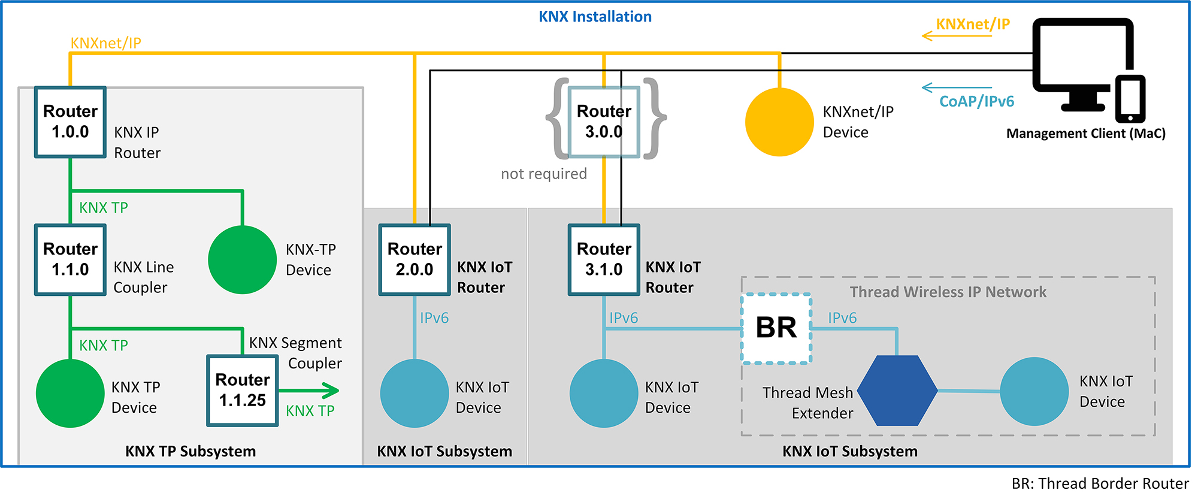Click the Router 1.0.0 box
click(x=70, y=122)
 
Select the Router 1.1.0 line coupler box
click(x=70, y=259)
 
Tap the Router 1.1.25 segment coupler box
click(x=242, y=391)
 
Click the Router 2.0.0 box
click(x=415, y=259)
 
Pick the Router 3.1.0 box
click(x=604, y=259)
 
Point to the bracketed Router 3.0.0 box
click(x=604, y=122)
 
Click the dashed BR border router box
click(x=776, y=328)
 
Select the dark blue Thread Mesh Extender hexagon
click(x=897, y=391)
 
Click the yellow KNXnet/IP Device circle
click(x=779, y=122)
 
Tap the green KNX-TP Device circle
click(x=242, y=259)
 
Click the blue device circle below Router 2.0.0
click(x=415, y=393)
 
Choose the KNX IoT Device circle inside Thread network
click(x=1034, y=392)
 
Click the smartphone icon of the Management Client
click(x=1130, y=99)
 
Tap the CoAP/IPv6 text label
click(x=976, y=101)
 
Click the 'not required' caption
click(x=543, y=174)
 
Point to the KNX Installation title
click(x=595, y=17)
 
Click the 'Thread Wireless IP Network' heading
click(x=948, y=292)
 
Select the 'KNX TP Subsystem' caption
click(x=190, y=451)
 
